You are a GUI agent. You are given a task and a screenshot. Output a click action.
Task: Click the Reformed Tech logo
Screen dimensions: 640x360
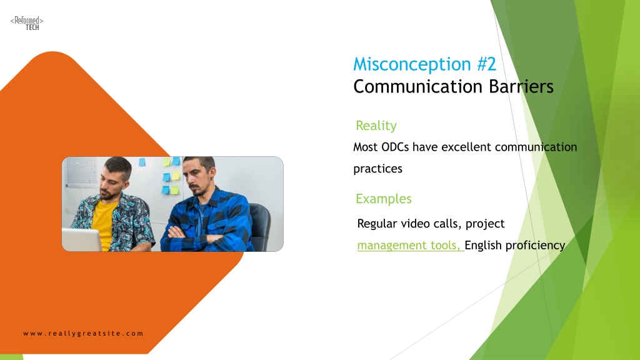[x=27, y=23]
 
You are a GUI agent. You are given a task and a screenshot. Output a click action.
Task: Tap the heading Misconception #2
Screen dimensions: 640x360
[x=424, y=64]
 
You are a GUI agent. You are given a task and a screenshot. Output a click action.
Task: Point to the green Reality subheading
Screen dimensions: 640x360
[x=376, y=126]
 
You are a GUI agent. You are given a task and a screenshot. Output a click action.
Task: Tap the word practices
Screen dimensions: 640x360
[x=377, y=169]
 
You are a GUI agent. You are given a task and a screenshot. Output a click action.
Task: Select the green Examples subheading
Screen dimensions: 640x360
[x=383, y=199]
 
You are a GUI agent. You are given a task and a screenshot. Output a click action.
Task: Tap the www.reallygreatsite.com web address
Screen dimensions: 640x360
[x=83, y=334]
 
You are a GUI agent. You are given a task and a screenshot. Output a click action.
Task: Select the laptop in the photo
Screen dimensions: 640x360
[x=82, y=240]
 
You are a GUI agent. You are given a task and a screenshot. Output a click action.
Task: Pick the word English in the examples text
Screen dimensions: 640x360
[x=483, y=245]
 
